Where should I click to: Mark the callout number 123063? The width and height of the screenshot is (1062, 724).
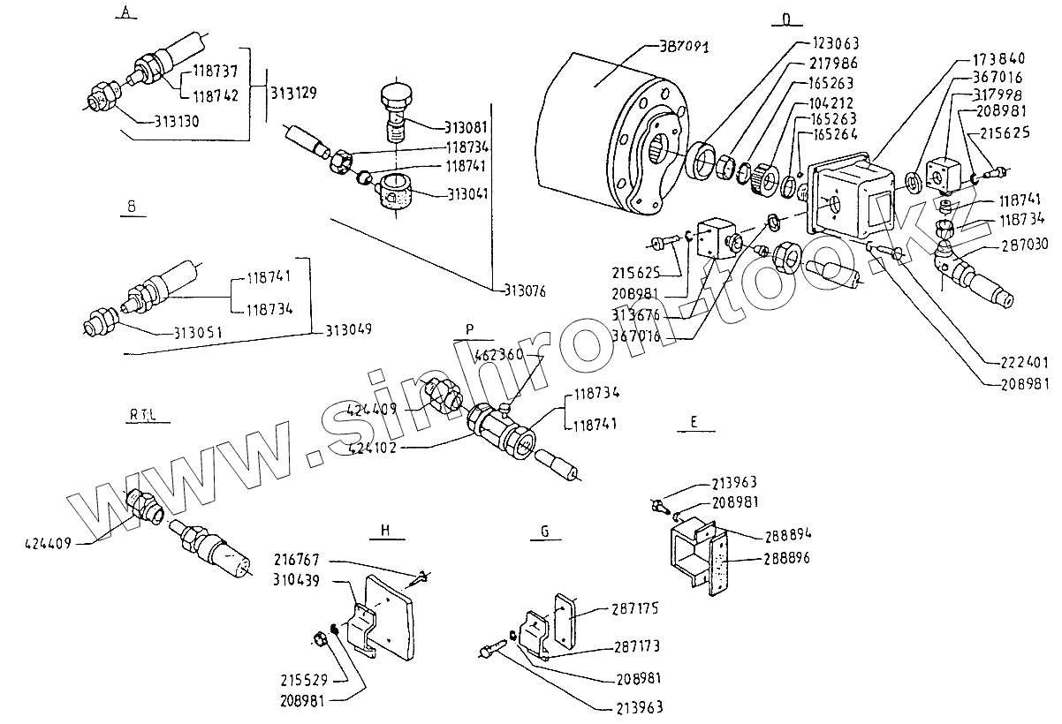pyautogui.click(x=835, y=42)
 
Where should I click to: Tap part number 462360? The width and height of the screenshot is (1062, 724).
pyautogui.click(x=500, y=354)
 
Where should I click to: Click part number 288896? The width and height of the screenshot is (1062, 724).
pyautogui.click(x=786, y=559)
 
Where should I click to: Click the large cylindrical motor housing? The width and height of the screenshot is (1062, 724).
pyautogui.click(x=601, y=132)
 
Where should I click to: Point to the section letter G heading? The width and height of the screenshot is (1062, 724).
pyautogui.click(x=545, y=532)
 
